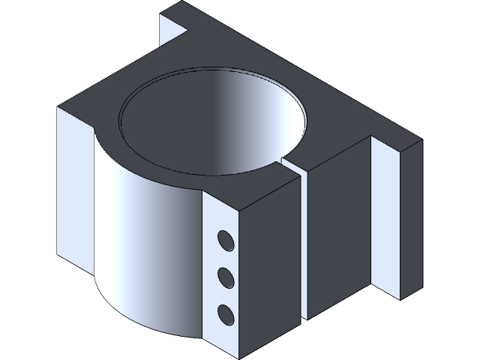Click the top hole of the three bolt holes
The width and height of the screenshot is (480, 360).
tap(224, 241)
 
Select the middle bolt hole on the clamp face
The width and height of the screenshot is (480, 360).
tap(224, 277)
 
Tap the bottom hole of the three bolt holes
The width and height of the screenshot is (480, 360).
tap(224, 312)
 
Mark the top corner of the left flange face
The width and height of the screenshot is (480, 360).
tap(59, 107)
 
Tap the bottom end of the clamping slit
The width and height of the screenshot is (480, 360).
tap(302, 319)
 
